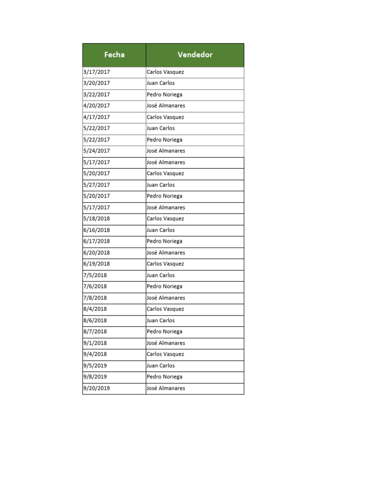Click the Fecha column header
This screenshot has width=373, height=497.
[114, 55]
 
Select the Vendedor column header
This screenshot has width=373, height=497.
[195, 55]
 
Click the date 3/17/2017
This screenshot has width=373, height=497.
[97, 72]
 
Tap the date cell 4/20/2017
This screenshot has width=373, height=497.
[97, 106]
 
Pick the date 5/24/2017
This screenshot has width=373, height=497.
[97, 151]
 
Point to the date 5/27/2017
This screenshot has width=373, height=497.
[97, 185]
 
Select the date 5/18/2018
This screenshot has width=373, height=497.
[97, 219]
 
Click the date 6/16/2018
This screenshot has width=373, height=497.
[97, 230]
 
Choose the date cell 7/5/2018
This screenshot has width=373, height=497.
[95, 275]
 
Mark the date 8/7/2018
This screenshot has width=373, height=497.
[95, 331]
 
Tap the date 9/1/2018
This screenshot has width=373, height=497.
[95, 343]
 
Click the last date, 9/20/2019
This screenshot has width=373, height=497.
[97, 388]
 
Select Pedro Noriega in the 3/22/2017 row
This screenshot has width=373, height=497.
[164, 95]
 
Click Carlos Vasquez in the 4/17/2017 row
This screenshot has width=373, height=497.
[165, 117]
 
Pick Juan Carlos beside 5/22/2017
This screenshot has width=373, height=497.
[160, 128]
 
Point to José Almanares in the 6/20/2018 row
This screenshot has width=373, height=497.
[166, 253]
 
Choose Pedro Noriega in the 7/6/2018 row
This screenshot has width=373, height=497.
[164, 286]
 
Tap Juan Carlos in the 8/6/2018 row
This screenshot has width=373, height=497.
[160, 320]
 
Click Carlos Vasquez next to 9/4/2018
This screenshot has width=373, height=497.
[165, 354]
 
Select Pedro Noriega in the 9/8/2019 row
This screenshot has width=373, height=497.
[164, 377]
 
